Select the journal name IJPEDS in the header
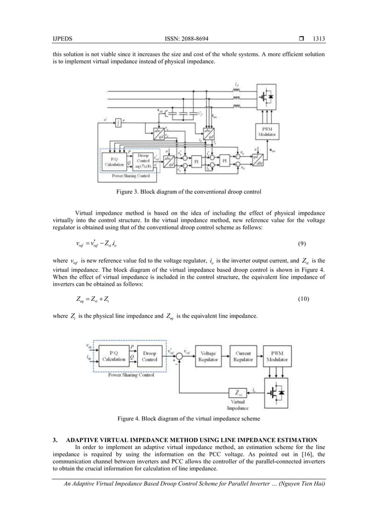click(61, 23)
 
